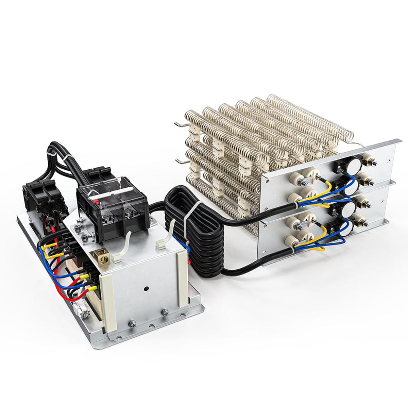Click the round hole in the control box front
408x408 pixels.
146,288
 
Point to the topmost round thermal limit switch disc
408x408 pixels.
355,160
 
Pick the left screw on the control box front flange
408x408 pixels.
133,324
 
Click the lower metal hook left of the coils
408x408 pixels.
180,161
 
